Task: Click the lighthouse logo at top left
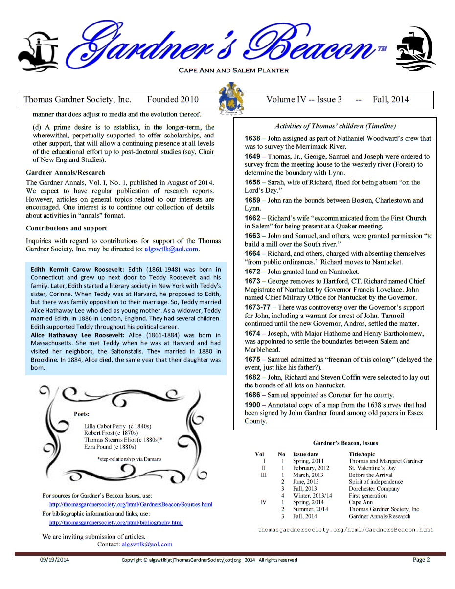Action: (38, 50)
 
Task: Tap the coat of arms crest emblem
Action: (230, 99)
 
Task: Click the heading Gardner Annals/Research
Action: (65, 172)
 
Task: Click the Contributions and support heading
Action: (67, 228)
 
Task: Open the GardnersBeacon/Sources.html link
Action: (131, 504)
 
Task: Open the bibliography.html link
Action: (116, 522)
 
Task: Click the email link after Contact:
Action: (147, 544)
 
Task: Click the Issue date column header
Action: (305, 454)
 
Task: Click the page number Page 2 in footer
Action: (421, 560)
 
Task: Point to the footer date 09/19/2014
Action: (54, 560)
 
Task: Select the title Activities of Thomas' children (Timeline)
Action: (335, 126)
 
